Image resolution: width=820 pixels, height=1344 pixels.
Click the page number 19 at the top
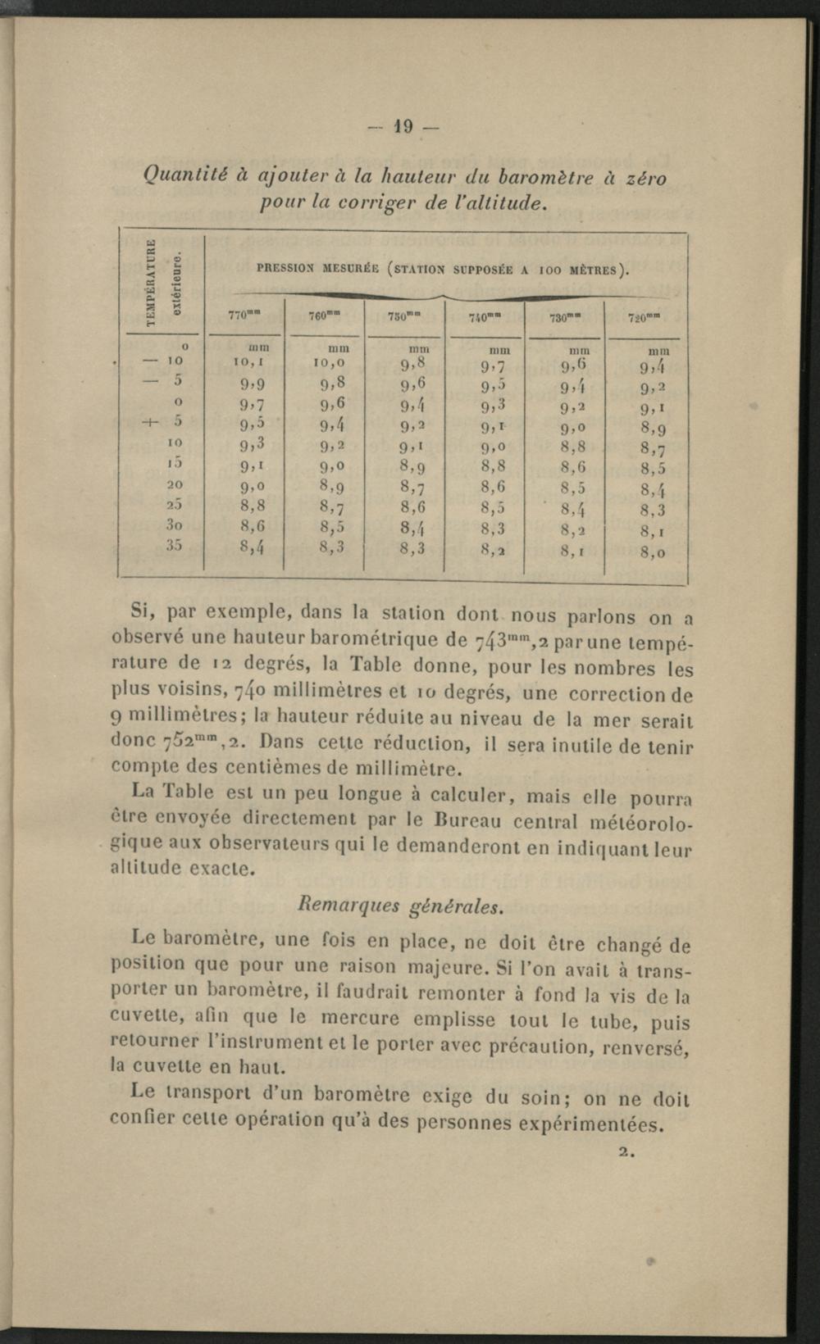tap(403, 127)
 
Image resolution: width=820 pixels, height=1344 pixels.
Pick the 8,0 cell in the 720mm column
tap(653, 553)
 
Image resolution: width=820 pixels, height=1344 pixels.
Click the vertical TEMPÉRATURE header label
tap(150, 282)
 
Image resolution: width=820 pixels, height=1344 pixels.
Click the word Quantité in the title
tap(184, 175)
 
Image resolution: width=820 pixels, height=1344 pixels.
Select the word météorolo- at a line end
tap(635, 822)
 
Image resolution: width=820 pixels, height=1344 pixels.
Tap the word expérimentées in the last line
tap(598, 1124)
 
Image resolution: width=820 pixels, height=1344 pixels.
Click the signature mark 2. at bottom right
tap(628, 1151)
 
